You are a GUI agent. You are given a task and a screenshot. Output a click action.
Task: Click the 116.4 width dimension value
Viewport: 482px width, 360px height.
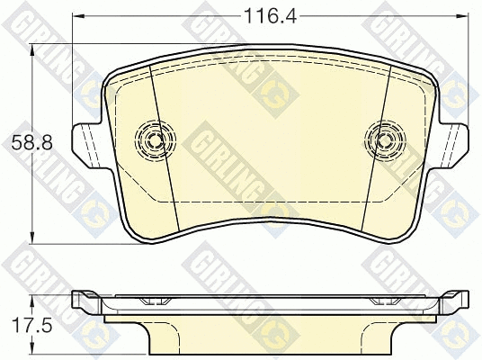pos(270,16)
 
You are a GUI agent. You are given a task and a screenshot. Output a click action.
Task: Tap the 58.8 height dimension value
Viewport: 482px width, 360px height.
pos(32,143)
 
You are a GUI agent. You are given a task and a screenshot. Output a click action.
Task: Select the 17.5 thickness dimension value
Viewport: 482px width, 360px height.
pos(32,325)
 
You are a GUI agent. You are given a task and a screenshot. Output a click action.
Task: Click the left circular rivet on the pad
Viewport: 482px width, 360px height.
pos(156,140)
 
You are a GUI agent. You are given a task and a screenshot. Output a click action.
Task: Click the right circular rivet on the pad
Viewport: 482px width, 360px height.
pos(385,140)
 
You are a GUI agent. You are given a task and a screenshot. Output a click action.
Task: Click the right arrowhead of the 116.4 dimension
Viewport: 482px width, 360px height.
pos(462,16)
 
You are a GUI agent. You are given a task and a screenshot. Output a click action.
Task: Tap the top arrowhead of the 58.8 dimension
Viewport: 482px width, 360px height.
pos(31,50)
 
